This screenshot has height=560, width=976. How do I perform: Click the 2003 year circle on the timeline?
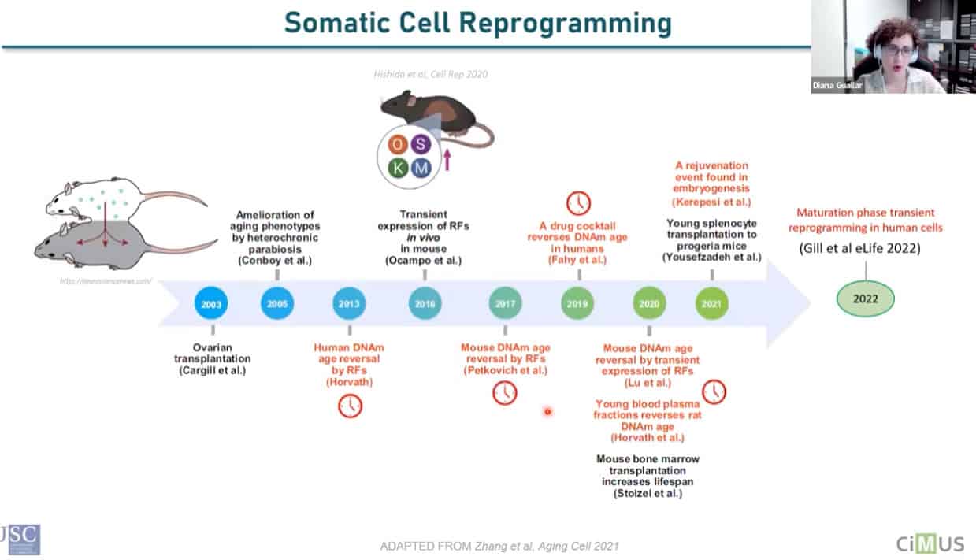(x=211, y=303)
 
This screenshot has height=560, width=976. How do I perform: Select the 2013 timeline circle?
(x=349, y=303)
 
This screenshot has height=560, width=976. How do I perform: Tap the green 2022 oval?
(x=866, y=299)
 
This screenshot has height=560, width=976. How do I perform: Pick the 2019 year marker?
(x=577, y=303)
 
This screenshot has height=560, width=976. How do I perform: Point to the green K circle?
(x=399, y=168)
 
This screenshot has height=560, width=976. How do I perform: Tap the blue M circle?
(x=421, y=168)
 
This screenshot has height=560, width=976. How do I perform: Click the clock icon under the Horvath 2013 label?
(x=350, y=405)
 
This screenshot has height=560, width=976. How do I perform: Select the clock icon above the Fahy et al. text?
(x=578, y=202)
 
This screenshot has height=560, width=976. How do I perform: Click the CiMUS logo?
(x=930, y=543)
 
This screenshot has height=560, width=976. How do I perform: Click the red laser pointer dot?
(x=547, y=411)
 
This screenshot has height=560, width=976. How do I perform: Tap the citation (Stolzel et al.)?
(x=648, y=493)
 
